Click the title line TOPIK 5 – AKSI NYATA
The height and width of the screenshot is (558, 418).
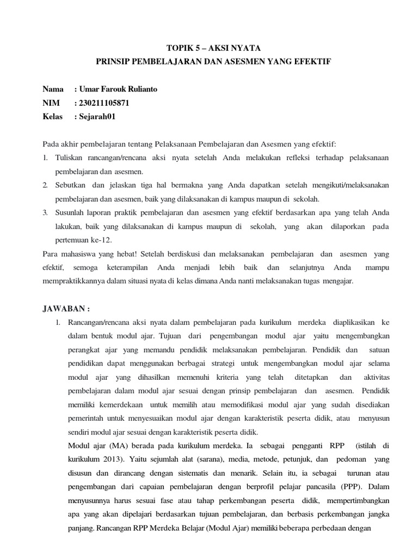[209, 48]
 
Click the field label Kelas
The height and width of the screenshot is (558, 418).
[52, 116]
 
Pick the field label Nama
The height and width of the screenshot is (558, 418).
[53, 89]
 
